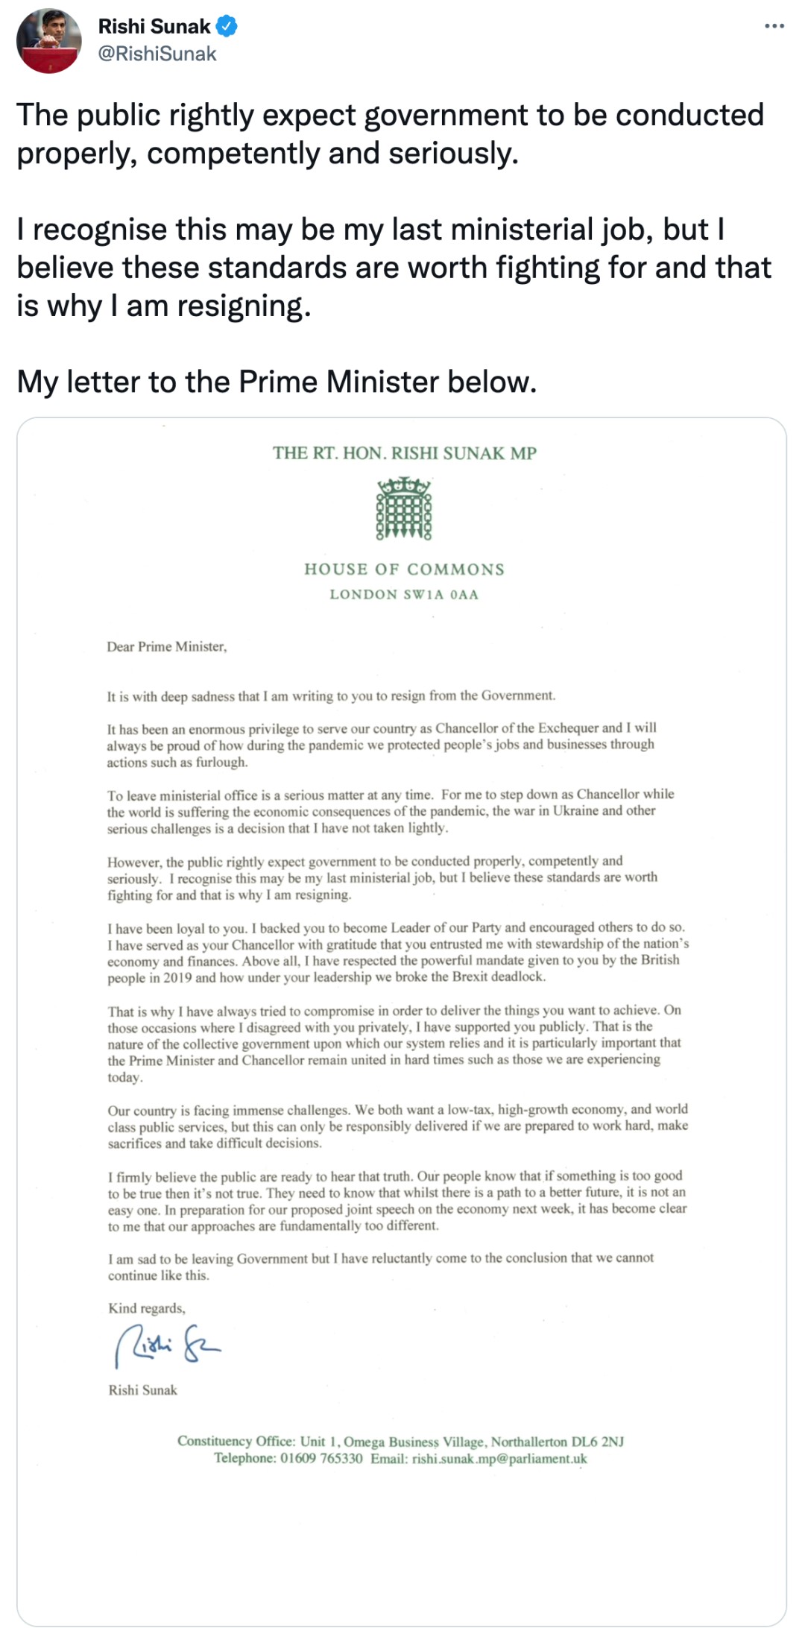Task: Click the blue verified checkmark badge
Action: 227,27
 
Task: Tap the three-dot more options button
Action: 774,27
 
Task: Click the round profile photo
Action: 49,41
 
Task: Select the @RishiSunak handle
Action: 157,54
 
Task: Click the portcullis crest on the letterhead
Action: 404,510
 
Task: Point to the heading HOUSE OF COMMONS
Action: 404,570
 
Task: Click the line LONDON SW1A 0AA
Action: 404,595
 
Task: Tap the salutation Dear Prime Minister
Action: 166,647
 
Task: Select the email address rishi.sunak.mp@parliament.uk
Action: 499,1459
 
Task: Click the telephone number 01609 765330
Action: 321,1459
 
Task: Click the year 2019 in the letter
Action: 178,978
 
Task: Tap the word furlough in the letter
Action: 221,763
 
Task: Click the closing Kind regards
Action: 147,1308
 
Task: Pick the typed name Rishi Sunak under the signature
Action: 142,1390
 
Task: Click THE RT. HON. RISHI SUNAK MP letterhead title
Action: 404,453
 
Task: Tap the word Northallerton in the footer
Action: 525,1442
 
